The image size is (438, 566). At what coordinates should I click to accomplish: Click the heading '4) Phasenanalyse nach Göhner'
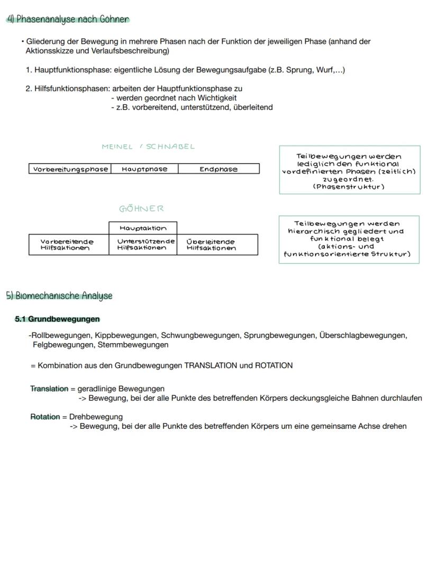pos(68,20)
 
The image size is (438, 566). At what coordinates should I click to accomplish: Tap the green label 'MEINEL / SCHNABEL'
pos(148,147)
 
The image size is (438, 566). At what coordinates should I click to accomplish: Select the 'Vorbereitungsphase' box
pos(70,169)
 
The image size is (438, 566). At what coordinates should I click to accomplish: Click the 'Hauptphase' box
pos(144,169)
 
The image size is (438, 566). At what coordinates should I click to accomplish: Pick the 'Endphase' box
pos(218,169)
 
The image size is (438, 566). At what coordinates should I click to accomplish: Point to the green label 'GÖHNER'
pos(142,209)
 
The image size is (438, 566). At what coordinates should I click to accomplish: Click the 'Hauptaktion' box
pos(143,228)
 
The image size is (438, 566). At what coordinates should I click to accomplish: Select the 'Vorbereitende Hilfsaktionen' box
pos(69,245)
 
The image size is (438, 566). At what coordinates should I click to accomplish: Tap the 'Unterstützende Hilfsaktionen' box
pos(143,245)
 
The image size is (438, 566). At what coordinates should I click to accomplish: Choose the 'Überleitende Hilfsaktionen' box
pos(217,245)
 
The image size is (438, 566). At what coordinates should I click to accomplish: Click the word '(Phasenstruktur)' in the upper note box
pos(349,186)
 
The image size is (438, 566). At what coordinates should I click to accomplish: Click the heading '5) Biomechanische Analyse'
pos(59,295)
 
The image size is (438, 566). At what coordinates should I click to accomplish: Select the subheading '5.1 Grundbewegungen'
pos(57,319)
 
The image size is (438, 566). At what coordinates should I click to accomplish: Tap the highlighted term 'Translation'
pos(49,389)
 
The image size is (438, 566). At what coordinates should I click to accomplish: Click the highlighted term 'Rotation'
pos(45,417)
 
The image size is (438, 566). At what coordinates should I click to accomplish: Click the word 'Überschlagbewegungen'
pos(362,335)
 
